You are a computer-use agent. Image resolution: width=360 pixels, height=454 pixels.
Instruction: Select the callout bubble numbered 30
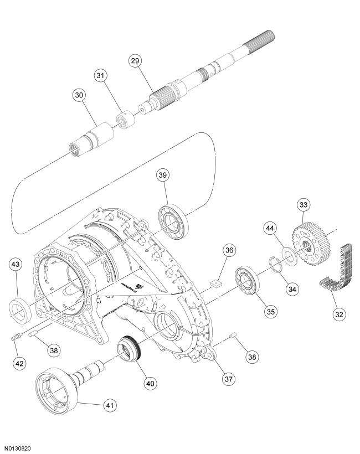80,95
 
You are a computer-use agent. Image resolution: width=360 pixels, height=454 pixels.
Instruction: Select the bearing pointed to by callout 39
173,220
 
